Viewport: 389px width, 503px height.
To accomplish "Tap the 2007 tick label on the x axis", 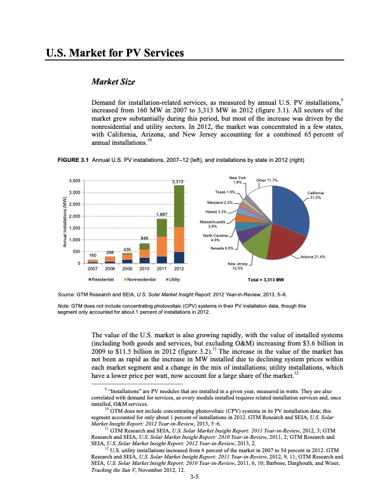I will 93,268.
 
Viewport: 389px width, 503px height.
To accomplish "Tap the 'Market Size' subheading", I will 114,81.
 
